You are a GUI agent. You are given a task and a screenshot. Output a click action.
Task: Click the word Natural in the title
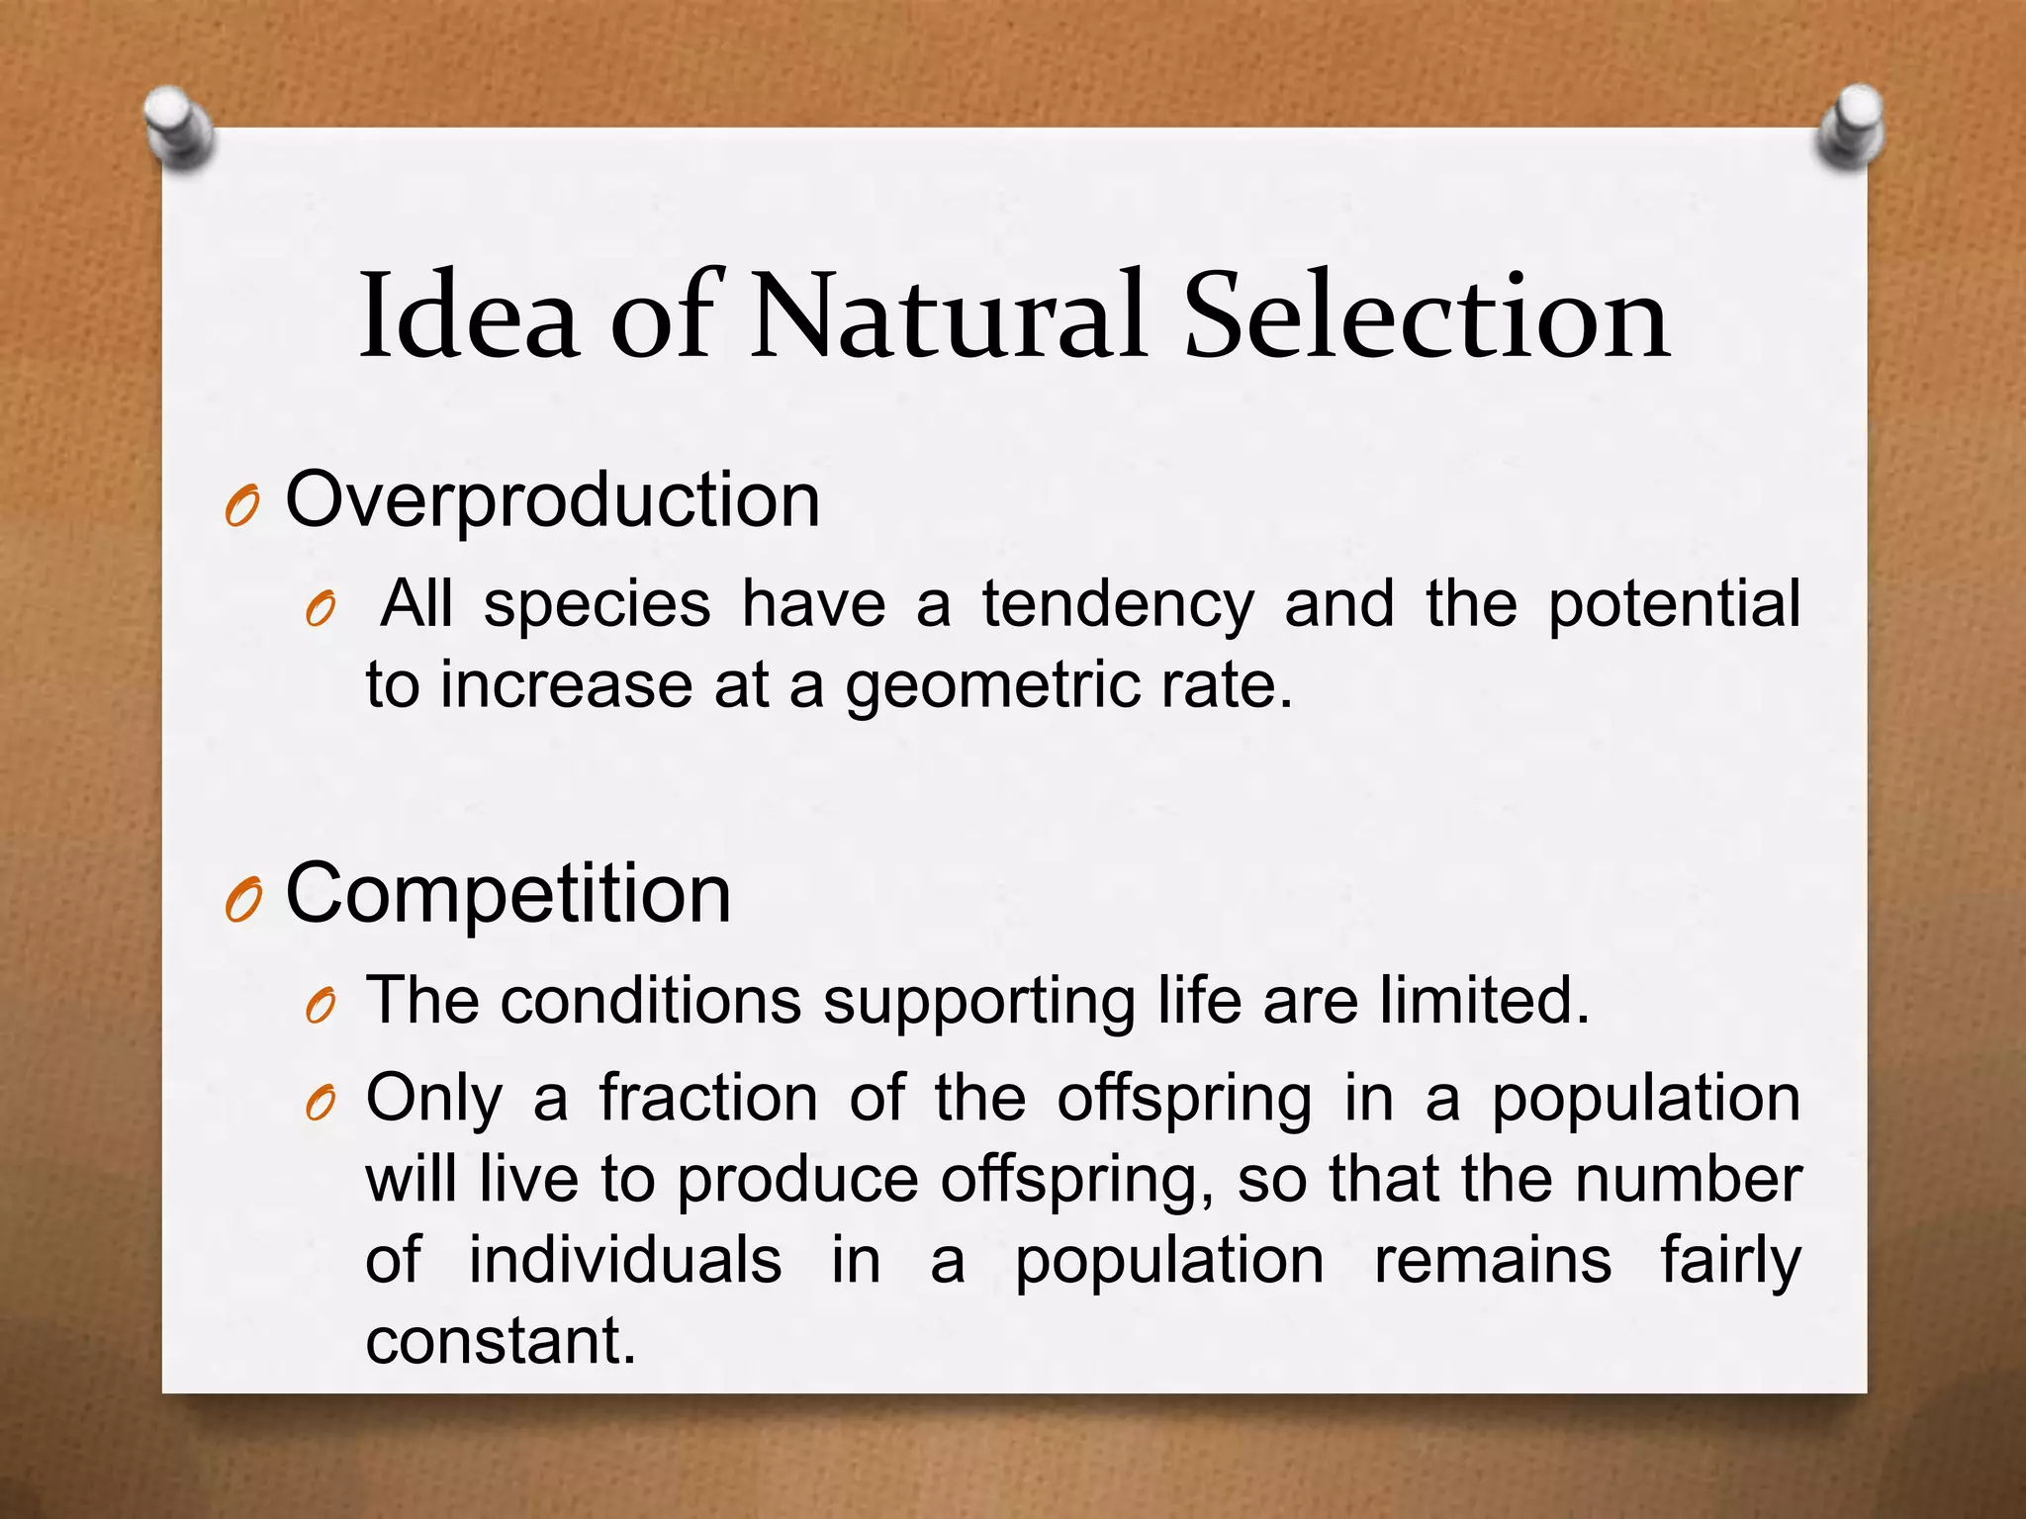click(948, 316)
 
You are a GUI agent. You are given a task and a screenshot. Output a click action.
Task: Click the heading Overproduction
click(552, 500)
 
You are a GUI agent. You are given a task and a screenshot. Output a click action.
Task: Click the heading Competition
click(507, 893)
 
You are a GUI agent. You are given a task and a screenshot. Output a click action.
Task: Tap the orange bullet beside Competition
click(241, 901)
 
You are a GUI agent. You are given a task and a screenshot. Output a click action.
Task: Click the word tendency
click(1118, 604)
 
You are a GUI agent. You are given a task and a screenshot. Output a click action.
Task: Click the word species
click(597, 604)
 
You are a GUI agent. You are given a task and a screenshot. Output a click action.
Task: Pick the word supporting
click(979, 1002)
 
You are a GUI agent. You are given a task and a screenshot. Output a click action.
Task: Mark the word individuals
click(624, 1260)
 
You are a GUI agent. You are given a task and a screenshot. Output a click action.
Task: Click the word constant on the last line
click(501, 1341)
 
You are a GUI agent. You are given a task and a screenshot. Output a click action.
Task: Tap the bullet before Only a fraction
click(321, 1106)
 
